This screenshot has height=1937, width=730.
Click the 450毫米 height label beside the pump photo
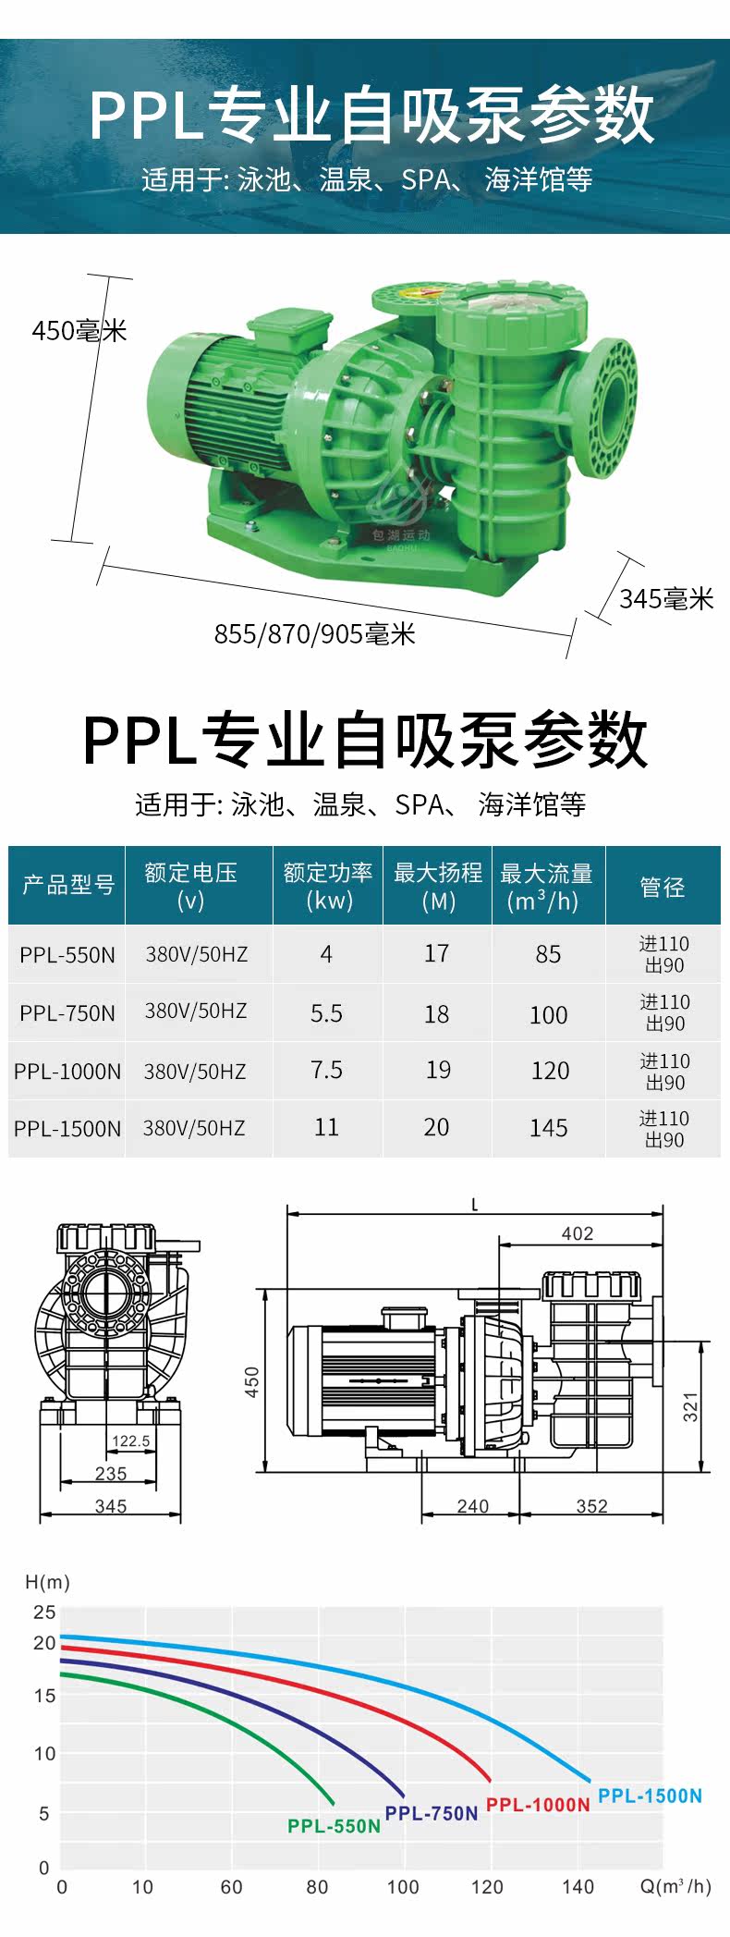pyautogui.click(x=79, y=330)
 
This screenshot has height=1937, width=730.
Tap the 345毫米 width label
pyautogui.click(x=666, y=599)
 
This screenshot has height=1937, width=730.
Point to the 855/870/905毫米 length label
pyautogui.click(x=315, y=634)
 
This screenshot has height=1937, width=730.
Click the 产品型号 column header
pyautogui.click(x=67, y=886)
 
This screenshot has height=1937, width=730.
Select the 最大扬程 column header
pyautogui.click(x=437, y=886)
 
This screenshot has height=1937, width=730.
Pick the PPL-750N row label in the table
pyautogui.click(x=67, y=1013)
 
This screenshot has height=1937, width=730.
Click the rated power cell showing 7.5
pyautogui.click(x=326, y=1070)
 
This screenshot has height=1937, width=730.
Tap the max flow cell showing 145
pyautogui.click(x=548, y=1128)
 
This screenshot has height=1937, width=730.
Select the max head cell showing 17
pyautogui.click(x=436, y=953)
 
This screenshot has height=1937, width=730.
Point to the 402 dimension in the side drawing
pyautogui.click(x=578, y=1233)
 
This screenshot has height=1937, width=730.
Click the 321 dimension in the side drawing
pyautogui.click(x=690, y=1406)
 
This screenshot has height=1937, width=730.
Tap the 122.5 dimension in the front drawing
pyautogui.click(x=130, y=1440)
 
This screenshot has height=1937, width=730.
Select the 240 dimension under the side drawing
pyautogui.click(x=472, y=1505)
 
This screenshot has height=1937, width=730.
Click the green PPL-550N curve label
pyautogui.click(x=334, y=1826)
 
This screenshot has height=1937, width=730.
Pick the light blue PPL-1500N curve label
pyautogui.click(x=650, y=1796)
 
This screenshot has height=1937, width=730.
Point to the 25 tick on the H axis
pyautogui.click(x=44, y=1612)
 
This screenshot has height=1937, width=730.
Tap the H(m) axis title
pyautogui.click(x=47, y=1582)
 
